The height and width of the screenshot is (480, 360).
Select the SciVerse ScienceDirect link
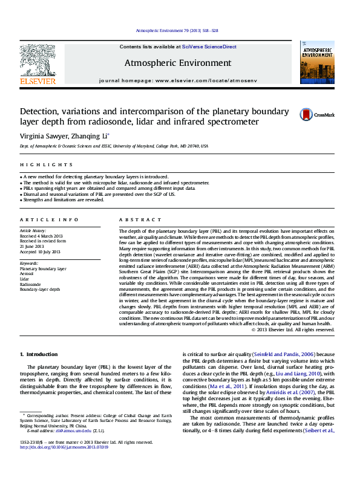[x=210, y=47]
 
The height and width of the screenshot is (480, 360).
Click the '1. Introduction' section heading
[x=39, y=354]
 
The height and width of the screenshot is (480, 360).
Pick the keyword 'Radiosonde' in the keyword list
[x=31, y=284]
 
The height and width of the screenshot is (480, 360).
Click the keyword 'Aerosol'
[x=28, y=273]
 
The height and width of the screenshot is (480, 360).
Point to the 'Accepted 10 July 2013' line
[x=40, y=251]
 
